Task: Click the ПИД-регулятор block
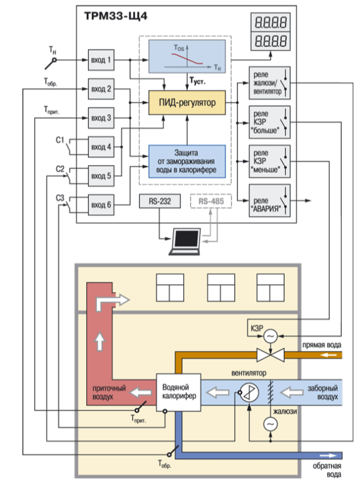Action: point(187,103)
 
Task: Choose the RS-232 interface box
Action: point(156,201)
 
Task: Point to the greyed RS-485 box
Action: point(211,201)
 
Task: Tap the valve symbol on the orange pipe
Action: point(270,354)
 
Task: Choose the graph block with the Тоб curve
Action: point(187,57)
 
